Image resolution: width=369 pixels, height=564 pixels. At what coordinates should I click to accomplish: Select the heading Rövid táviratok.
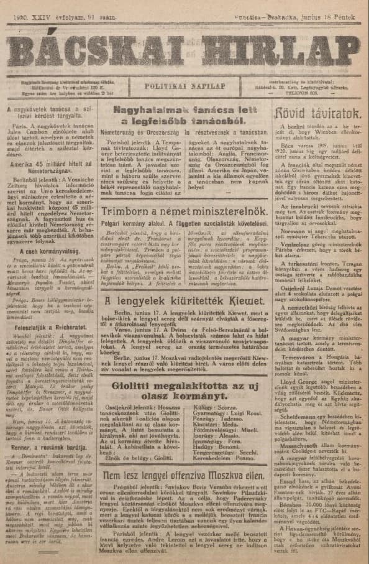point(317,114)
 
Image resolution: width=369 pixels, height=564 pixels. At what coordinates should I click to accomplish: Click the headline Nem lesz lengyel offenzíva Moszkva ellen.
point(184,476)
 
